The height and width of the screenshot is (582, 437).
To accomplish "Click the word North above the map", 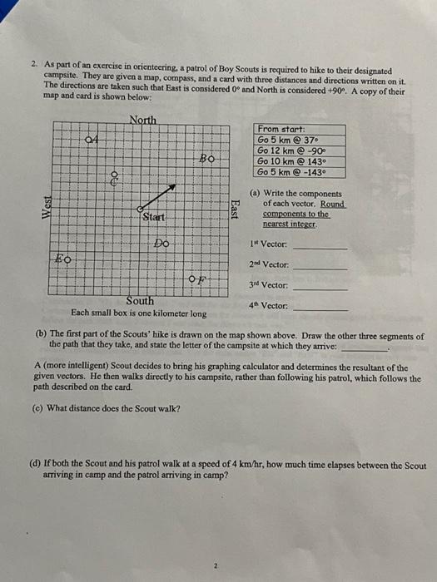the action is pyautogui.click(x=142, y=120).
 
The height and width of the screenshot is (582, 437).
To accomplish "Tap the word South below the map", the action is pyautogui.click(x=139, y=300).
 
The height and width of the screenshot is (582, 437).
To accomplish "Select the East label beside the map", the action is pyautogui.click(x=236, y=210).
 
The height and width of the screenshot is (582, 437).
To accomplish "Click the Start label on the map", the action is pyautogui.click(x=154, y=217).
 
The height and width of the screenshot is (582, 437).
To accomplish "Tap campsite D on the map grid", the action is pyautogui.click(x=161, y=244).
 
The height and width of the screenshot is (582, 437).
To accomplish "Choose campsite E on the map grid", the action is pyautogui.click(x=62, y=259).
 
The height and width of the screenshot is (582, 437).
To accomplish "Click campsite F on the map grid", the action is pyautogui.click(x=196, y=279).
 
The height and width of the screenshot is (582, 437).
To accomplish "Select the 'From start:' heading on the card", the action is pyautogui.click(x=281, y=129).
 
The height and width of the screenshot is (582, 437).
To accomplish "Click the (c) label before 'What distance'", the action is pyautogui.click(x=40, y=407).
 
